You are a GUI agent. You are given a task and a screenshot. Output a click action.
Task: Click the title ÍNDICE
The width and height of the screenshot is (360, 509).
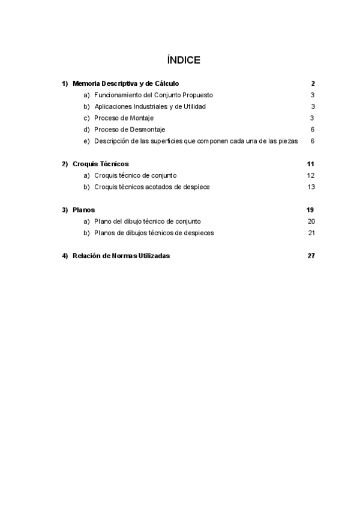coord(184,60)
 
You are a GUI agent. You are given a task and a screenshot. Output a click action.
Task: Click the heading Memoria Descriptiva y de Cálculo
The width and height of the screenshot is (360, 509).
coord(125,83)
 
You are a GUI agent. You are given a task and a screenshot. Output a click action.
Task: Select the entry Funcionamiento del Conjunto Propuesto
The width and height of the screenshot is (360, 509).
coord(154,95)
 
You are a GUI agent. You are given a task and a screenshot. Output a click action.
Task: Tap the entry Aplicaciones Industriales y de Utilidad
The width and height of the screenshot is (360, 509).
coord(150,106)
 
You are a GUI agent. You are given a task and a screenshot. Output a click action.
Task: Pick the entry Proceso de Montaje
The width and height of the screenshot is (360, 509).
coord(124,118)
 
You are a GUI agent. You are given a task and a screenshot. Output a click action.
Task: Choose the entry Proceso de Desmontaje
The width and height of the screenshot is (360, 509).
coord(130,129)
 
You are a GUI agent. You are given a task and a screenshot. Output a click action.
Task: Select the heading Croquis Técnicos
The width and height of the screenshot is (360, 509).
coord(100,164)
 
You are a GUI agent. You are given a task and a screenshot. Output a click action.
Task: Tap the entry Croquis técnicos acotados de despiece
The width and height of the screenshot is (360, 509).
coord(152,187)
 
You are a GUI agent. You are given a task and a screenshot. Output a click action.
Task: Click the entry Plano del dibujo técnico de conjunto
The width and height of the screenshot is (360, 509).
coord(148,221)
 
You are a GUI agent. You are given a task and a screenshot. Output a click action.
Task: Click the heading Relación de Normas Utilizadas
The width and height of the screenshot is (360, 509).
coord(121,256)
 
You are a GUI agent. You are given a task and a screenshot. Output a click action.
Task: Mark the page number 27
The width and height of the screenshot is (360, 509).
coord(311,256)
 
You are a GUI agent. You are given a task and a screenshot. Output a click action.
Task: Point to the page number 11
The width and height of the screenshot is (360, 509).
coord(311,164)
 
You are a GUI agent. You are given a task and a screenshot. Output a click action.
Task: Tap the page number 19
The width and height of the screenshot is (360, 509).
coord(311,210)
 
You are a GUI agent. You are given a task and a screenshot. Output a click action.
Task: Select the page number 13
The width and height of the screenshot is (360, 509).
coord(311,187)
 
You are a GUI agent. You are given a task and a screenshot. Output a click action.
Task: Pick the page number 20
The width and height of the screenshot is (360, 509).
coord(311,221)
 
